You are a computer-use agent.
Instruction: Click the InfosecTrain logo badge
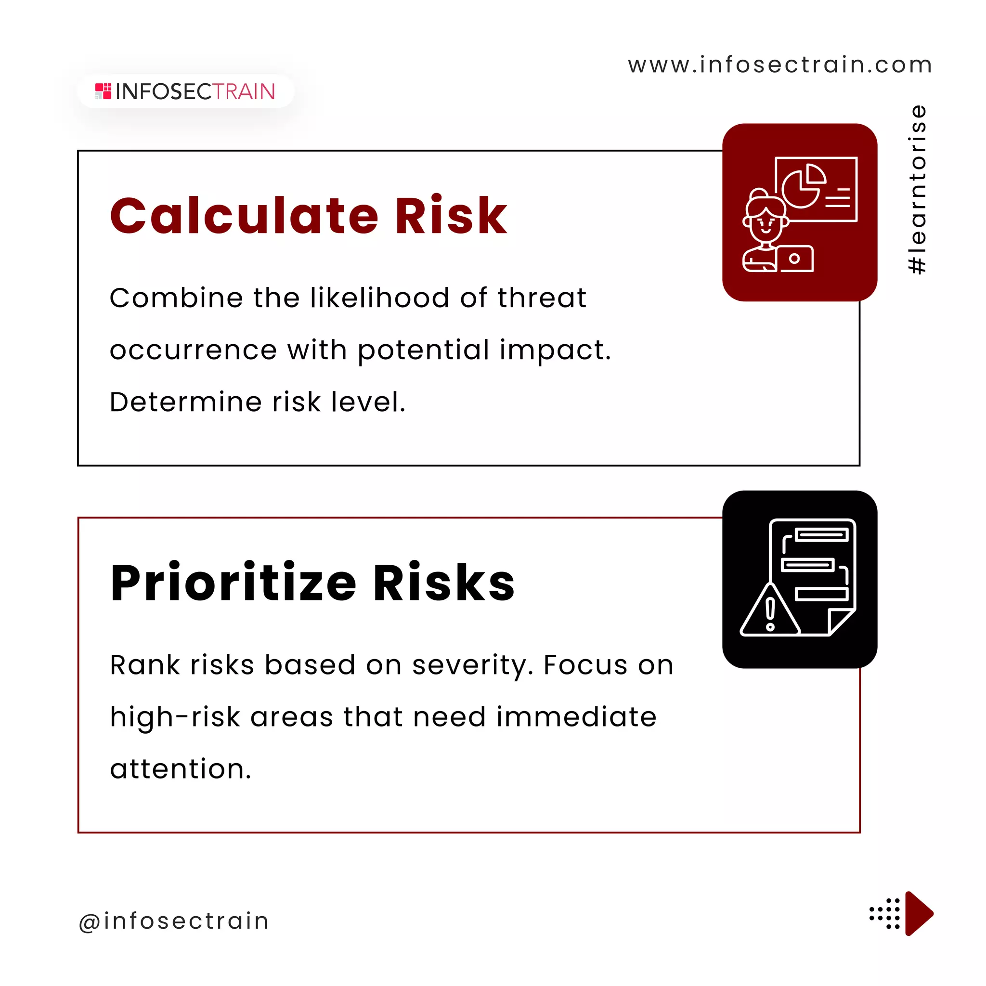pos(185,91)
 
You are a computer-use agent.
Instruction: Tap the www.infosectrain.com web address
pos(780,65)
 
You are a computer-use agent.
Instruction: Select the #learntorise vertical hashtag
pos(918,189)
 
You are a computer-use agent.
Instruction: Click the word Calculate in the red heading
pos(244,216)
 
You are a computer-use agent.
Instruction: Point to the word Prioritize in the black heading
pos(233,583)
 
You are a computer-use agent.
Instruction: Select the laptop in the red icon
pos(794,259)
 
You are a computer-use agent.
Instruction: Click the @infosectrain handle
pos(173,921)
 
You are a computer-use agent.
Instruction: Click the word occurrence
pos(194,350)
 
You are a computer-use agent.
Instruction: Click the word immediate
pos(576,716)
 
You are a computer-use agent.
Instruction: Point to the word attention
pos(180,769)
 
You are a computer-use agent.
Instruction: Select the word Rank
pos(145,665)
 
